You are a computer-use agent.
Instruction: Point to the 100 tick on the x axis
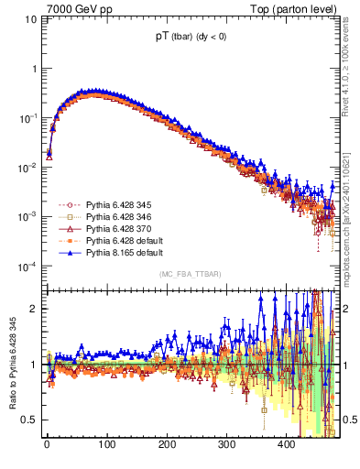pos(106,445)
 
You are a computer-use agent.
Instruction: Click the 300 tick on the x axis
pos(226,445)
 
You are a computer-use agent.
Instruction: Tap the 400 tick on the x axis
pos(287,445)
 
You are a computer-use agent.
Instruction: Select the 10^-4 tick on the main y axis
pos(25,267)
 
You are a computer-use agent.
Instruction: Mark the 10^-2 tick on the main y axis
pos(25,168)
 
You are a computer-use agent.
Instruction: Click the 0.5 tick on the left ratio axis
pos(23,420)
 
